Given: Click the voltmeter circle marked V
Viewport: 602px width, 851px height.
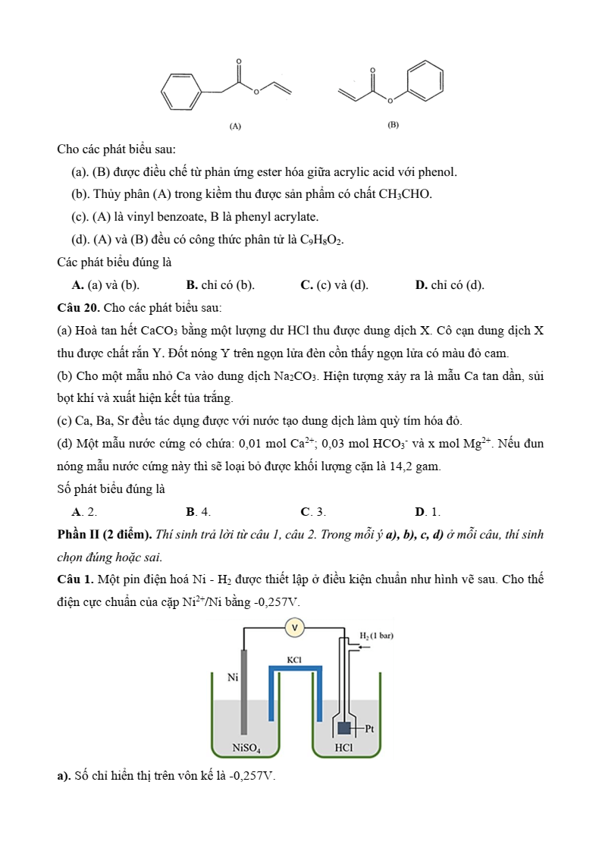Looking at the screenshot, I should [293, 627].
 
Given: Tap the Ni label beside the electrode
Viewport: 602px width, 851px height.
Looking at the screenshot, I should [234, 677].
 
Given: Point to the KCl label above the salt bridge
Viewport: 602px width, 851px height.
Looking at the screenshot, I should [295, 660].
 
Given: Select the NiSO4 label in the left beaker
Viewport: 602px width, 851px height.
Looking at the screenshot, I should [246, 749].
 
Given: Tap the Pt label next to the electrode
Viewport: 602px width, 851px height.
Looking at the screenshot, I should [370, 729].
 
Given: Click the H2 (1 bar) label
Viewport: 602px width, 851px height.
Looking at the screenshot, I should [376, 635].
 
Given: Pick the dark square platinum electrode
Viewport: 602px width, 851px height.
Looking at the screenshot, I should [345, 728].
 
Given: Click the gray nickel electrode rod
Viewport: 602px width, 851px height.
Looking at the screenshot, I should [244, 691].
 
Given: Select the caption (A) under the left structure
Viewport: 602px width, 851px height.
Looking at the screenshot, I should [235, 126].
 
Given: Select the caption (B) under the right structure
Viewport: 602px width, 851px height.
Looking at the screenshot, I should [393, 124].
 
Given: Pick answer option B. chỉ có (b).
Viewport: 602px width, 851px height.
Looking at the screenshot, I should [220, 285].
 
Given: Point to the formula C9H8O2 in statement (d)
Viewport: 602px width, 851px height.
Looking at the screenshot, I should [321, 240].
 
